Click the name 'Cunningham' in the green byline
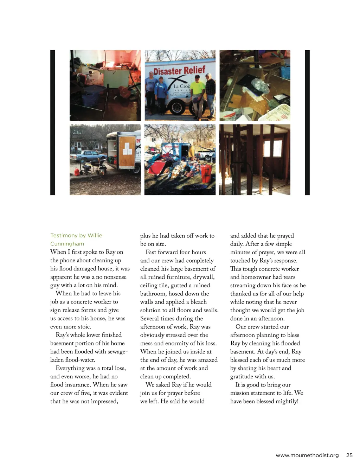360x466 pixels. click(67, 244)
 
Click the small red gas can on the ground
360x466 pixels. click(76, 172)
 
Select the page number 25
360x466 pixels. click(349, 455)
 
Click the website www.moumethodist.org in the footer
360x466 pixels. click(307, 455)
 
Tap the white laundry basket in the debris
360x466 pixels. click(280, 113)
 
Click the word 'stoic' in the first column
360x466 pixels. click(84, 326)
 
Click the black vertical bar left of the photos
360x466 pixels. click(53, 122)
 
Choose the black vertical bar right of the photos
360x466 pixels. click(307, 122)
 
